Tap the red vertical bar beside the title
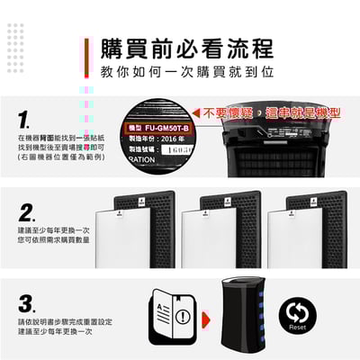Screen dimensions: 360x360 point(88,58)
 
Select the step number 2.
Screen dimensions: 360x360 point(27,213)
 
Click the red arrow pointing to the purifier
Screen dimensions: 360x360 point(206,318)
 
